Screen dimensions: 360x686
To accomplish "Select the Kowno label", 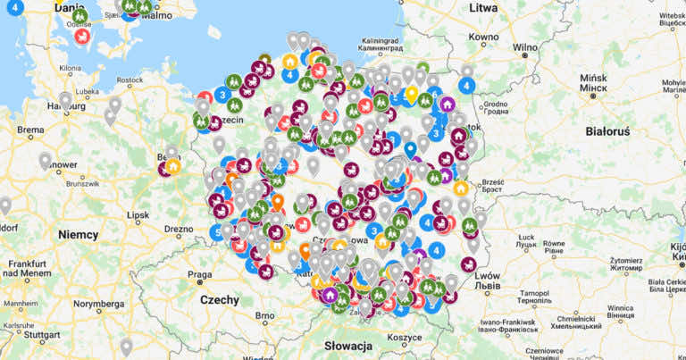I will click(483, 37).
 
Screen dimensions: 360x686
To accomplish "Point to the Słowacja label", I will click(349, 346).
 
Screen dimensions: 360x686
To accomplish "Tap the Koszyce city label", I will click(404, 337).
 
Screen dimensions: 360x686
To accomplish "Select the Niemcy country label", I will click(79, 233).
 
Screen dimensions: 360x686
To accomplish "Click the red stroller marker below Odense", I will click(82, 37).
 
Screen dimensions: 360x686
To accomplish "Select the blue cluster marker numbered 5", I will click(216, 231).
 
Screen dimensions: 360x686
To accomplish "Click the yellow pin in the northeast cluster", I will click(412, 93).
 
